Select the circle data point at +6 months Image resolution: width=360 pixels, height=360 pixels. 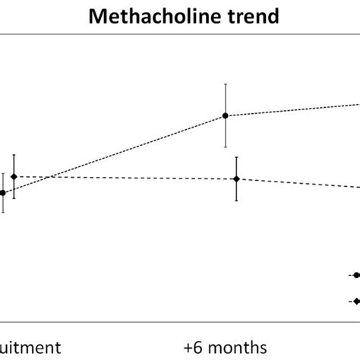click(x=226, y=115)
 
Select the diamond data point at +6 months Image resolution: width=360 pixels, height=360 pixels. click(x=236, y=179)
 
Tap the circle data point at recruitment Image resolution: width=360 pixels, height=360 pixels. click(x=3, y=193)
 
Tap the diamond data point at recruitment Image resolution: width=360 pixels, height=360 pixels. click(x=14, y=176)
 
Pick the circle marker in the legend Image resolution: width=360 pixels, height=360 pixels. click(x=355, y=275)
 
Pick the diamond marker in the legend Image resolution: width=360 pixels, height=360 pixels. click(x=355, y=302)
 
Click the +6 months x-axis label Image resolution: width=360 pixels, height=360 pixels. click(x=226, y=347)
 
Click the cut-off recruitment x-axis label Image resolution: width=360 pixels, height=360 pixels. click(x=30, y=347)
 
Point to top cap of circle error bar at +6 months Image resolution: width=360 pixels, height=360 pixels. click(x=226, y=84)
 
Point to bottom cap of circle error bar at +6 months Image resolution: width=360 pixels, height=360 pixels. click(x=226, y=147)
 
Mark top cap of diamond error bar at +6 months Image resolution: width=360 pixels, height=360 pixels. click(x=236, y=157)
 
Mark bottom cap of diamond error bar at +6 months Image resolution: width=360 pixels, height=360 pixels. click(x=236, y=201)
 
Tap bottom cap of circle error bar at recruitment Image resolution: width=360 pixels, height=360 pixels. click(x=3, y=213)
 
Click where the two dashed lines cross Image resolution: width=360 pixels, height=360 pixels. click(x=47, y=178)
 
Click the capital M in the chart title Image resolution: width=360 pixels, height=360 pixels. click(x=96, y=14)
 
